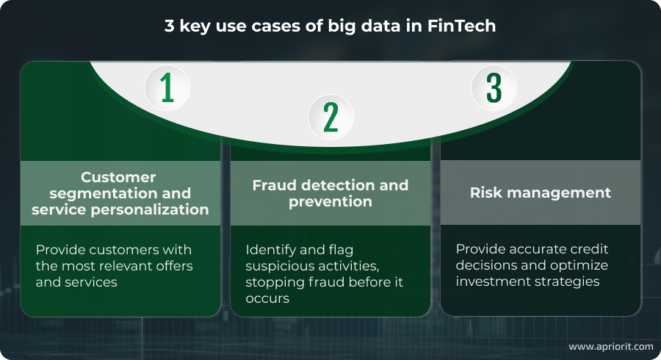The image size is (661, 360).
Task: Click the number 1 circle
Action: coord(167,87)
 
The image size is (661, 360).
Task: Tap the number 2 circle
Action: coord(331,117)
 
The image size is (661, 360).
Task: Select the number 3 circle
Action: coord(494,87)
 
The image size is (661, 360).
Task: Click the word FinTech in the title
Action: coord(462,26)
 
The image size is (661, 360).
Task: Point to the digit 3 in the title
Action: coord(169,26)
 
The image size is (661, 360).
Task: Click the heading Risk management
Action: coord(541,192)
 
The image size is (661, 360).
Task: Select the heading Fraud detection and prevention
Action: coord(330,193)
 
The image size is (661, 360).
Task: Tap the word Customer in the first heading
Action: coord(118,177)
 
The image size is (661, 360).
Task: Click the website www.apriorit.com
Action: coord(611,347)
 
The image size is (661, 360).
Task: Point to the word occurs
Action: coord(267,298)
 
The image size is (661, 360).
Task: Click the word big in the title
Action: coord(342,26)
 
